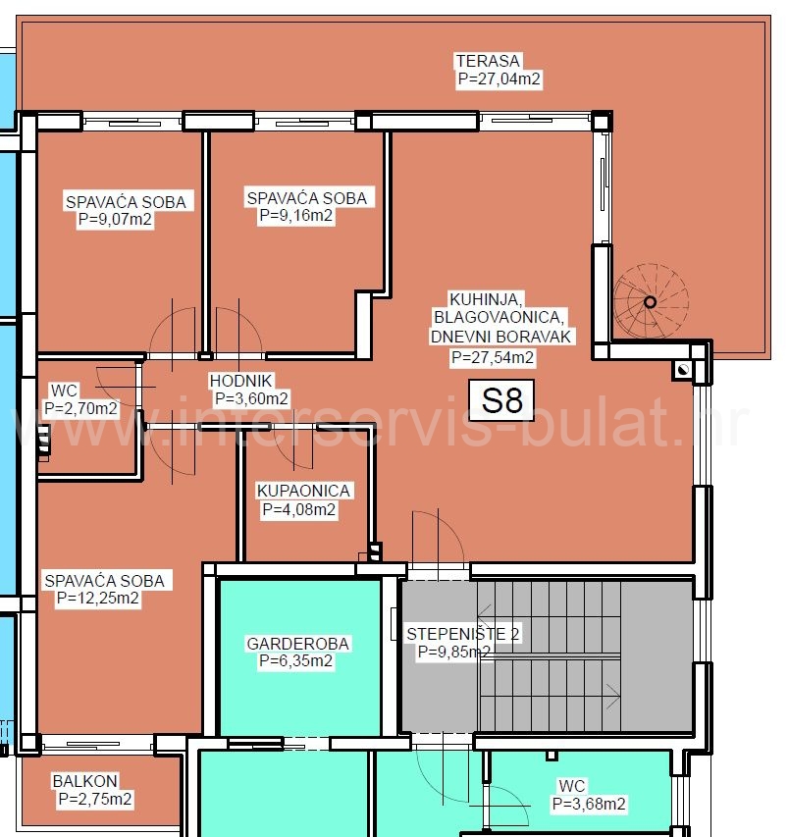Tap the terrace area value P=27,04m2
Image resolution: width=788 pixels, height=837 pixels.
[x=499, y=80]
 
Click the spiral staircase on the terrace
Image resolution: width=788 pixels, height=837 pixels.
[x=649, y=300]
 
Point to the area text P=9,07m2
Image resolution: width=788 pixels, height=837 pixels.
[x=116, y=221]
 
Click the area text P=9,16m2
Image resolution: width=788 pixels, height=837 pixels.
[x=295, y=216]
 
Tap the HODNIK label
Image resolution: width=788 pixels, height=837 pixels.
[x=240, y=381]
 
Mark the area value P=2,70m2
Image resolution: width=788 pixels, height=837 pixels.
[x=81, y=408]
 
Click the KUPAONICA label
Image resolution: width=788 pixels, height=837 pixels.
[x=303, y=491]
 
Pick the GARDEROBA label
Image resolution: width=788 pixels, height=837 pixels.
[x=298, y=644]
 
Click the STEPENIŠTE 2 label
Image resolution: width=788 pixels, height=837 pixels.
[x=463, y=634]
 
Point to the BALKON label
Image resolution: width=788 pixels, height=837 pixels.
[x=84, y=781]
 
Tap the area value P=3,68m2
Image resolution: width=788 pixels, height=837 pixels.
[x=589, y=804]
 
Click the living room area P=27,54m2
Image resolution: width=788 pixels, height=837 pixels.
[x=493, y=358]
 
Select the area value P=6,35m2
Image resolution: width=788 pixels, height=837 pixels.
[x=296, y=661]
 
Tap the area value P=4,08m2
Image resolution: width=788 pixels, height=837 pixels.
[x=299, y=509]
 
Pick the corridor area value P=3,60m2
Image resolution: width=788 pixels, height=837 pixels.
[x=252, y=398]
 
